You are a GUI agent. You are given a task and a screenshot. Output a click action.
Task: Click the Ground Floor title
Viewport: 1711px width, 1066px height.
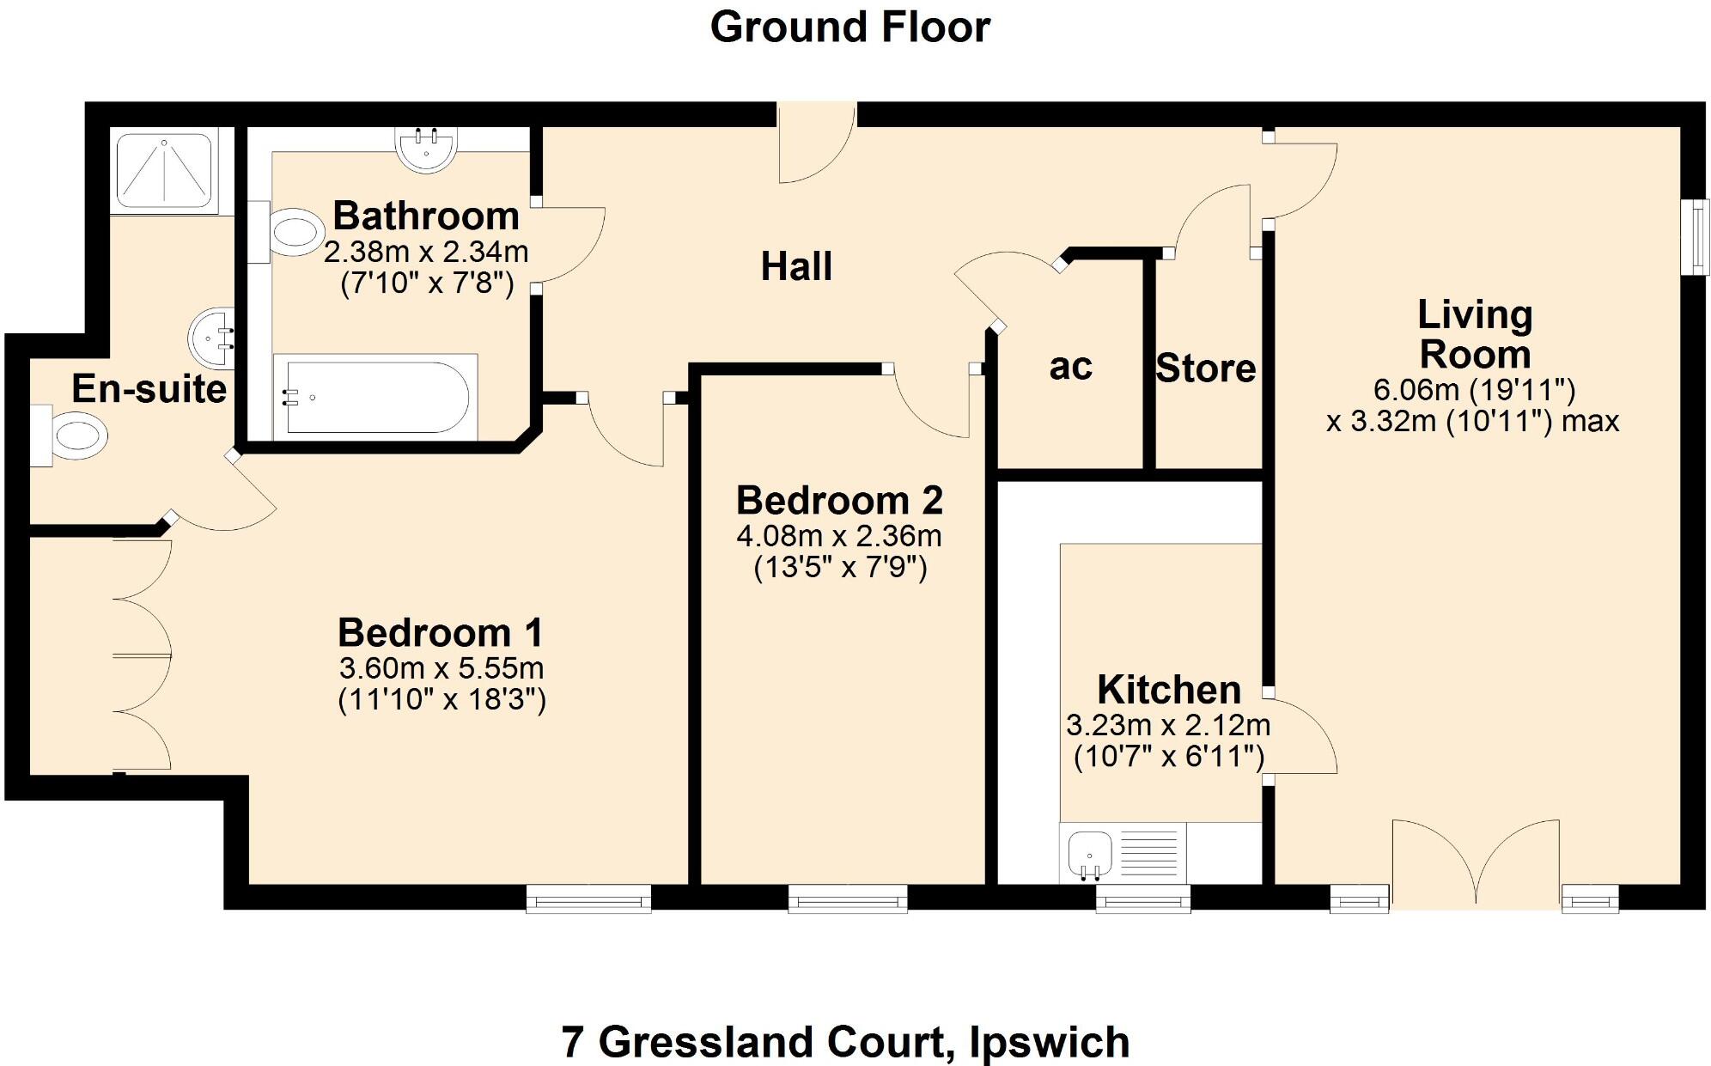[849, 27]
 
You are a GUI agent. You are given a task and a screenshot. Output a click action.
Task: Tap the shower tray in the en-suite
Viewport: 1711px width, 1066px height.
[164, 169]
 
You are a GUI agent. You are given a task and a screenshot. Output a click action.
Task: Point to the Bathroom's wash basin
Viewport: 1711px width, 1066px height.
[426, 150]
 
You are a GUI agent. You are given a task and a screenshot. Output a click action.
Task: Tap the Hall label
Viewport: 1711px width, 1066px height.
[796, 266]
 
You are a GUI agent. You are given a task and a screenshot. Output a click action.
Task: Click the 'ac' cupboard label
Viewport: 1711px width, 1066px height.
[1070, 367]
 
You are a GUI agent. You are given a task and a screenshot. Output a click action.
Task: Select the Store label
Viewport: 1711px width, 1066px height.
[1205, 369]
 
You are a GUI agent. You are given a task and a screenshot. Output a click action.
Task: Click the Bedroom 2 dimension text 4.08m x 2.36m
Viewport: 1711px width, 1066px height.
[839, 536]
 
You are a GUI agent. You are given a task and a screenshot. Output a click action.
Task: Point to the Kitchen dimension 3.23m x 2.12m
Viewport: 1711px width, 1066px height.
[1168, 726]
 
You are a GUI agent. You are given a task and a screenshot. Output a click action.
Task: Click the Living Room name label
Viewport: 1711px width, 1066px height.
[1474, 334]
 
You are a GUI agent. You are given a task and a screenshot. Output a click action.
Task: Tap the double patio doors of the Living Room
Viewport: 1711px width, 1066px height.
[1475, 863]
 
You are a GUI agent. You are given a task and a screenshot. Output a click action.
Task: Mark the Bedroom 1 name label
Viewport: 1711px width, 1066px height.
[441, 633]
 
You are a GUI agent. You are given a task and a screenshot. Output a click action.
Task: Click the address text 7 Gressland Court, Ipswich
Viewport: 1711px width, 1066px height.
[845, 1042]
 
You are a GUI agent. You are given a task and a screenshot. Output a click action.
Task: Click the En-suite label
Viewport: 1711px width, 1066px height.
[149, 389]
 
